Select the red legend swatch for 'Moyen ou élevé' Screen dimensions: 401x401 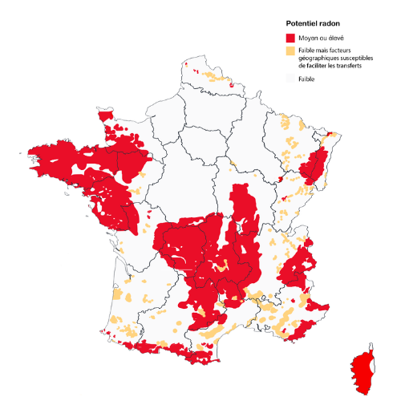[x=290, y=38]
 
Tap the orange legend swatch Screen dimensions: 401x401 [x=290, y=51]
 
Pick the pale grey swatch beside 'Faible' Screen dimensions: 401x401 [x=290, y=79]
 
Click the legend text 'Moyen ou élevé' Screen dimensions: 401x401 [x=318, y=38]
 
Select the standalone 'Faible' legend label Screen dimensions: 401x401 [x=306, y=79]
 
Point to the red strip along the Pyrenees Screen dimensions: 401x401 [x=184, y=353]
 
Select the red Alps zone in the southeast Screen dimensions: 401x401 [x=301, y=265]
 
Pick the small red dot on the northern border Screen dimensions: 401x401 [x=231, y=83]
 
